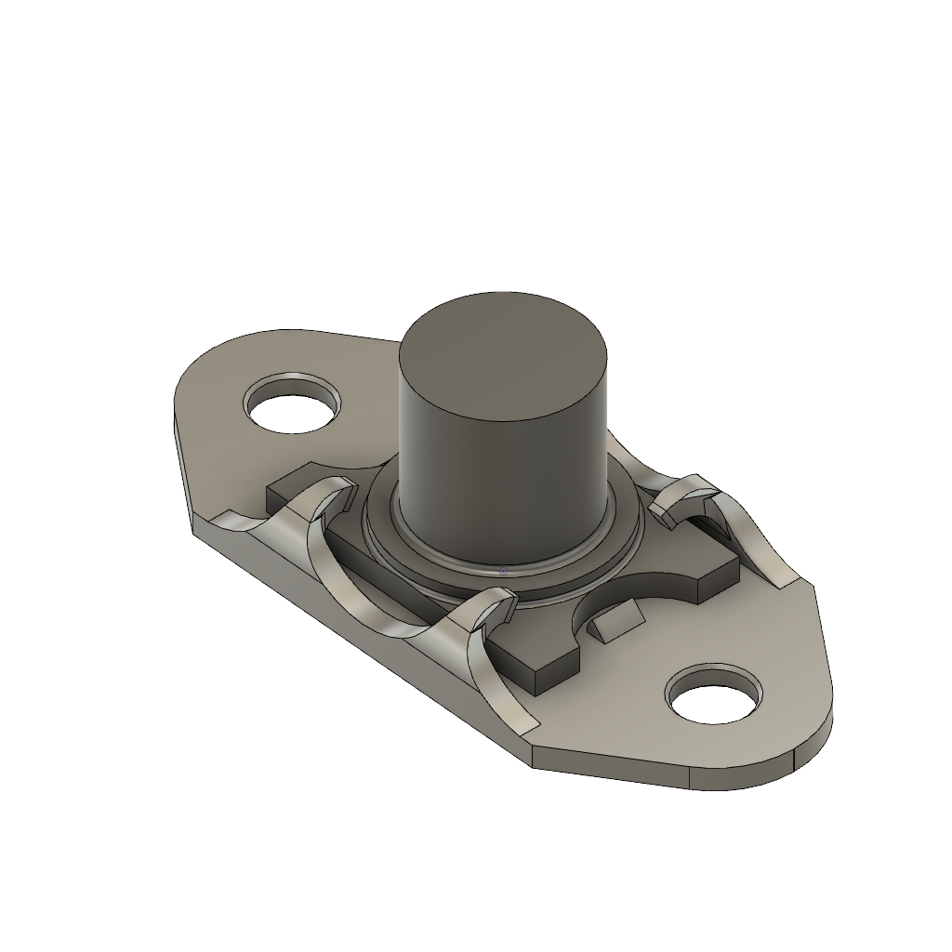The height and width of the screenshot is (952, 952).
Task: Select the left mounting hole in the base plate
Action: coord(291,403)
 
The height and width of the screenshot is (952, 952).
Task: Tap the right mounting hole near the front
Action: coord(714,694)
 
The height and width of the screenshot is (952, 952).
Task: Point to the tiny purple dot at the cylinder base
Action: coord(503,571)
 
